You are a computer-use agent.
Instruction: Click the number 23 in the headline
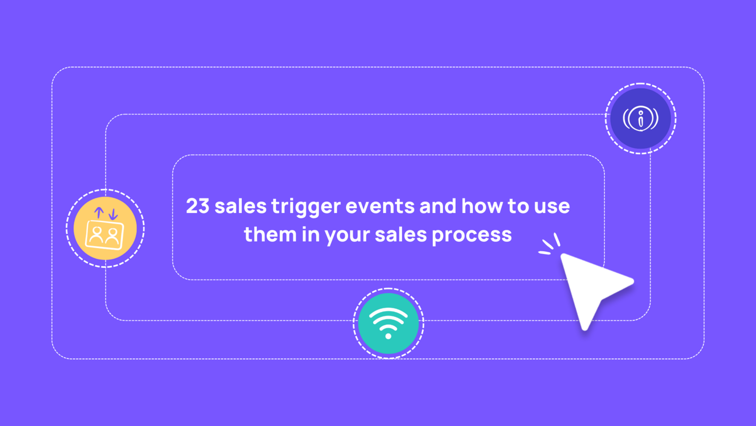point(198,207)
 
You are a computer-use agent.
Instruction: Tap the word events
point(381,207)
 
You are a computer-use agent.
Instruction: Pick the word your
point(348,235)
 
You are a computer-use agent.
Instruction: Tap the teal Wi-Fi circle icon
point(388,323)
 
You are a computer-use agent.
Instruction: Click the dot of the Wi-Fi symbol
point(388,336)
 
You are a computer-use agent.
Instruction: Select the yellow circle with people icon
point(105,228)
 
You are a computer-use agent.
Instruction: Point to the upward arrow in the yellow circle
point(99,213)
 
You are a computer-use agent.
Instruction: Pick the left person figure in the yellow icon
point(97,235)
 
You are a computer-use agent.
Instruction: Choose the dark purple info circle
point(641,118)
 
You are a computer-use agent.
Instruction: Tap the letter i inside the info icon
point(641,119)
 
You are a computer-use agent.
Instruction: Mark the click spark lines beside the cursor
point(550,246)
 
